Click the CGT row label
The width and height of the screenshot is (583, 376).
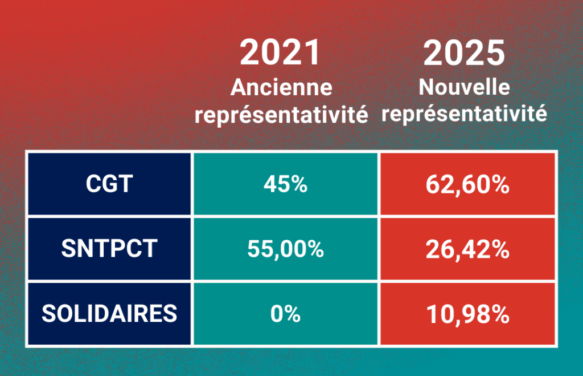point(109,184)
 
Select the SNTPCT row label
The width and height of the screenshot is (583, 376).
point(109,249)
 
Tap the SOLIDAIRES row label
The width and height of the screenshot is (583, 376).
point(109,313)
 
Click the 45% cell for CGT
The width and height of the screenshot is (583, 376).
point(286,184)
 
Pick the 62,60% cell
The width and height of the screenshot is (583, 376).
point(467,184)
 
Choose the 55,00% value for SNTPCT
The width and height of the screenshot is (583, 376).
point(286,249)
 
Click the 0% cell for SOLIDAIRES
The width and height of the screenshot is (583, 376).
point(286,314)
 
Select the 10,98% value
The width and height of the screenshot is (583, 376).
point(467,314)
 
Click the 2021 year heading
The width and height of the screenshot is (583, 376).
point(280,52)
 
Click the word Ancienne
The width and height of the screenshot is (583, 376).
point(281,87)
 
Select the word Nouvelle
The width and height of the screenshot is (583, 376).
point(465,87)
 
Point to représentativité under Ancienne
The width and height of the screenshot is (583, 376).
point(281,115)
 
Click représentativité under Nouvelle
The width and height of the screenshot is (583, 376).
point(465,113)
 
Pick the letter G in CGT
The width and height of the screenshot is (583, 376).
point(110,184)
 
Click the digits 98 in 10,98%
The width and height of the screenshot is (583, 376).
point(472,314)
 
